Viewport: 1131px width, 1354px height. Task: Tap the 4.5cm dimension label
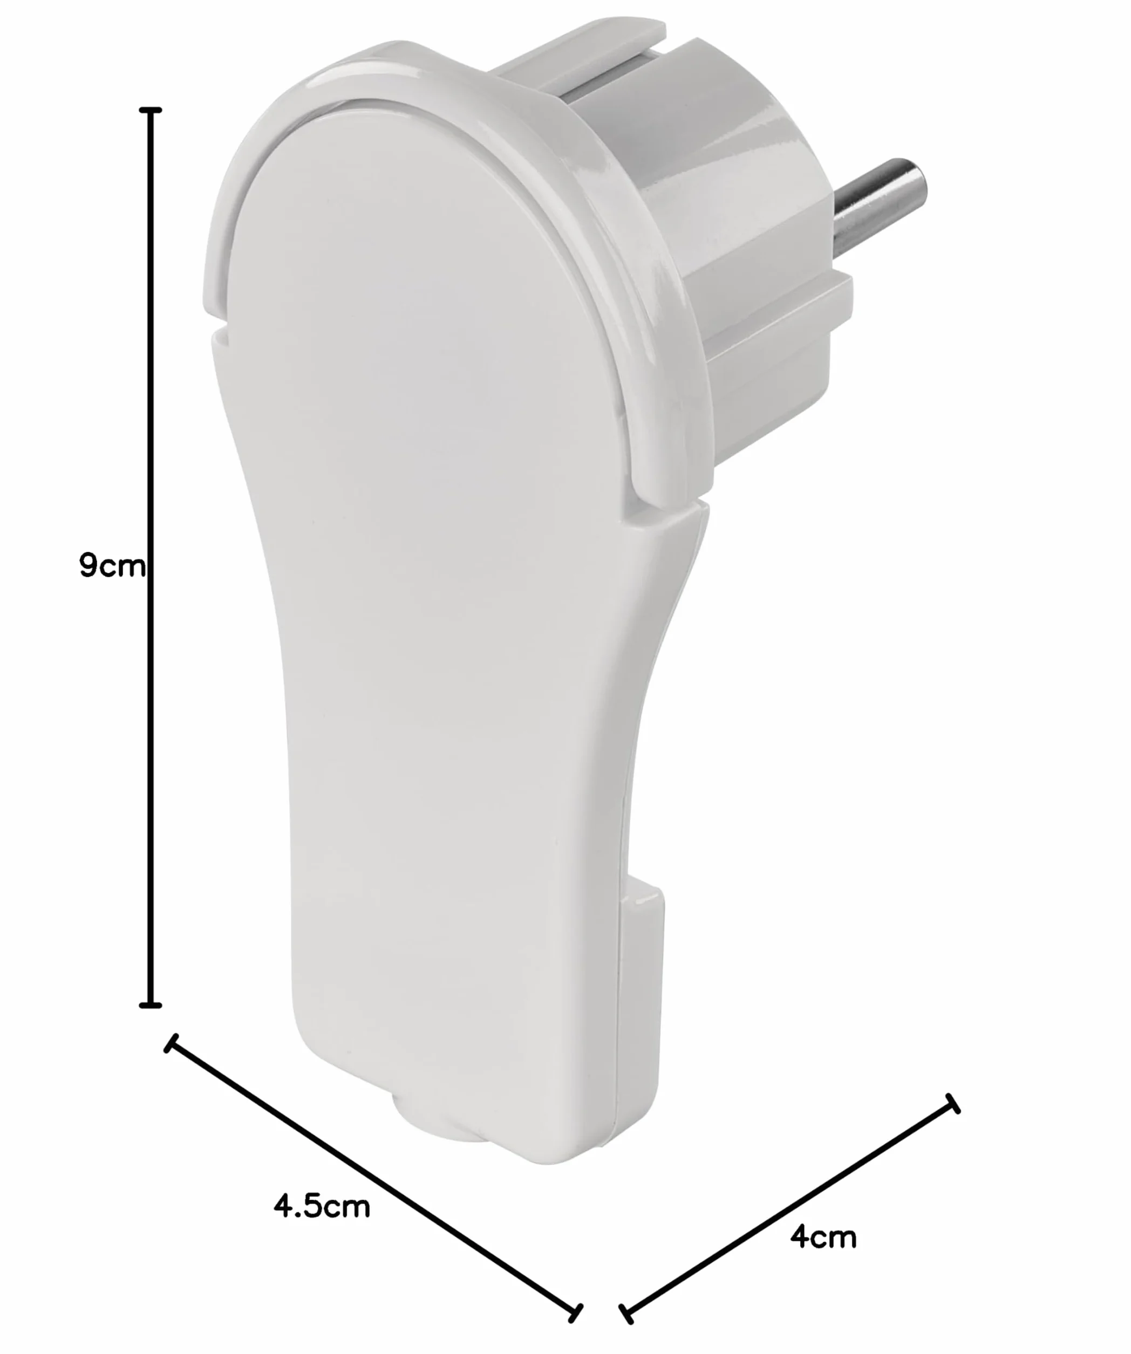click(x=322, y=1206)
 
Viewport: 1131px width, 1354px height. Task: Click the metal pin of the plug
click(x=880, y=204)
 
